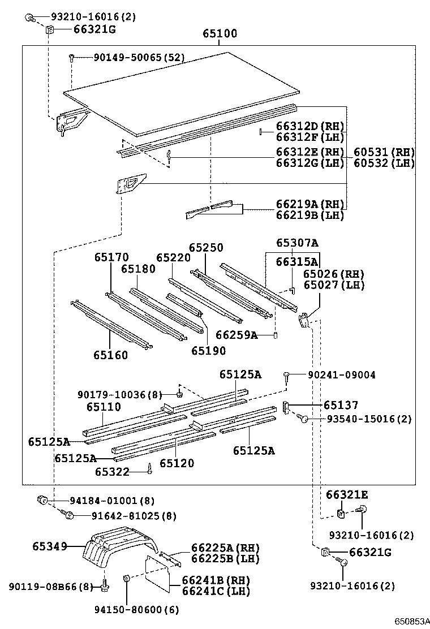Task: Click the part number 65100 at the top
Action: coord(220,34)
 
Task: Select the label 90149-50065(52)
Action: coord(131,57)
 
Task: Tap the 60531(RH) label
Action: coord(384,152)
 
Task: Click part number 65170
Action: coord(111,257)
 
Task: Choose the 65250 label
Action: coord(206,248)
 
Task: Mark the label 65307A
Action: coord(297,243)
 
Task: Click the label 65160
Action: coord(111,355)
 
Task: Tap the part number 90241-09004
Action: coord(341,374)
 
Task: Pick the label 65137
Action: coord(341,405)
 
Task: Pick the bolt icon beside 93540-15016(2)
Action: coord(303,419)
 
